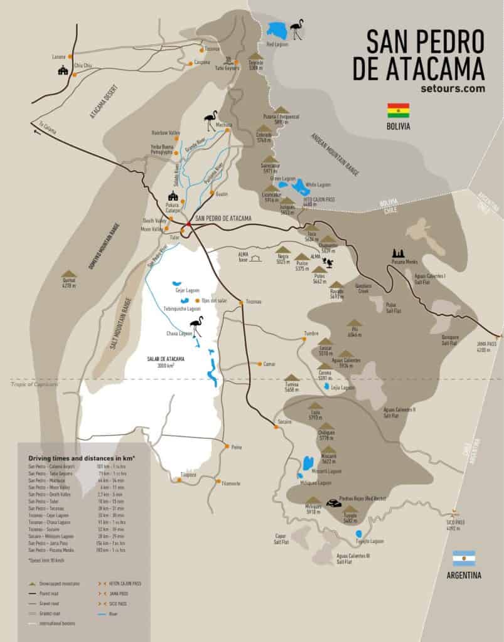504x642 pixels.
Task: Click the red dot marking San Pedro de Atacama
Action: pos(188,224)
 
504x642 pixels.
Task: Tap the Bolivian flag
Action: pos(398,110)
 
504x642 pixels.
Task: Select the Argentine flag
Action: pos(464,559)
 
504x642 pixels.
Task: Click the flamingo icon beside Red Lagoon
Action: pos(296,29)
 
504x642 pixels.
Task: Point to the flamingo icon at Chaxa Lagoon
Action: pos(197,327)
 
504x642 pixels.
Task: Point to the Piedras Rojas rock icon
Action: pos(332,502)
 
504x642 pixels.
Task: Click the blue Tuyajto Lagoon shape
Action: pos(359,534)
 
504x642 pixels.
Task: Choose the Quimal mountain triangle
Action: pos(68,274)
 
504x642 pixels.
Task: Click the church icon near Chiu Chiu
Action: pos(62,70)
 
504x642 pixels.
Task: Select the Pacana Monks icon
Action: pos(397,253)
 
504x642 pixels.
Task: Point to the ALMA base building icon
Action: pos(255,257)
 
